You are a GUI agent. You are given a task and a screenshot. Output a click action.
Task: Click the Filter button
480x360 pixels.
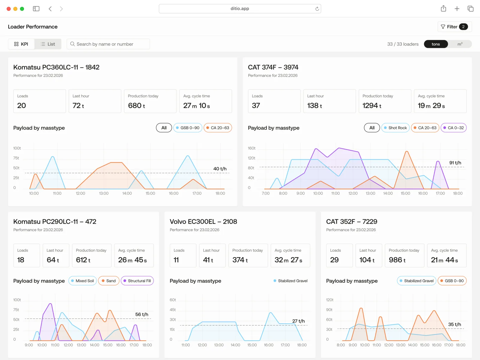pos(454,27)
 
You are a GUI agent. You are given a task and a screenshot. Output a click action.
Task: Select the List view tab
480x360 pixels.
pos(48,44)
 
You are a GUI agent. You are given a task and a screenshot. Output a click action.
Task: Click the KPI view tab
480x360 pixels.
pos(21,44)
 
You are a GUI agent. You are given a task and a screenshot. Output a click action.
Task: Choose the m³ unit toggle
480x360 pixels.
pos(460,44)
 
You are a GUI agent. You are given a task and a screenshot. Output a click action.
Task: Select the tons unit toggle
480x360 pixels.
pos(436,44)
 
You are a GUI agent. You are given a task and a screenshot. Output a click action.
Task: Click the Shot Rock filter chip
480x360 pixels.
pos(395,128)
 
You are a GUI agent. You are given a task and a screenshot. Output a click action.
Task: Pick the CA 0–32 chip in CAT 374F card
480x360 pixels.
pos(453,128)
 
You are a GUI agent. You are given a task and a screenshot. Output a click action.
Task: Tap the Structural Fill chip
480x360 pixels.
pos(137,281)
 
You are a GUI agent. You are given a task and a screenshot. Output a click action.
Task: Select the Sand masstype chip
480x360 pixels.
pos(108,281)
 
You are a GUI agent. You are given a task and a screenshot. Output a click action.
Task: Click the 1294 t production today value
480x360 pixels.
pos(372,106)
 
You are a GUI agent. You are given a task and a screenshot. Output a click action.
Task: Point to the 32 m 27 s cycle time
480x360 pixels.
pos(288,260)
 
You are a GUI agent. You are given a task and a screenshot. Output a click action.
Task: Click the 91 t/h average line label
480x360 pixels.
pos(455,163)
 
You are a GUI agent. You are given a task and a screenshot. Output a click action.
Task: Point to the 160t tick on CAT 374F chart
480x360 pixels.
pos(251,148)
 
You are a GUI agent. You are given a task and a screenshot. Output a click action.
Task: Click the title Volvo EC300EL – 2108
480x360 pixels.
pos(203,222)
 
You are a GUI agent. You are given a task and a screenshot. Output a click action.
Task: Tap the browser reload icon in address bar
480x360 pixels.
pos(317,9)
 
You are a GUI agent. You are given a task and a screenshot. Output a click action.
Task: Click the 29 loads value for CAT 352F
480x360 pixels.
pos(334,260)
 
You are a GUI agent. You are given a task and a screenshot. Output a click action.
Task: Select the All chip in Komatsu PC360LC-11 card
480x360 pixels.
pos(164,128)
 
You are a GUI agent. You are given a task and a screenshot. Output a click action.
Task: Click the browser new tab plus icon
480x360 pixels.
pos(457,9)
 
